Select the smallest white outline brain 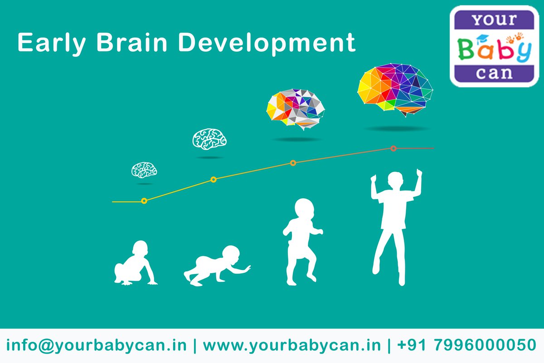(x=144, y=170)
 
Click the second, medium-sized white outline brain (x=209, y=138)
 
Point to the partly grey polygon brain (x=295, y=109)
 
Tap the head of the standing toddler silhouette (x=305, y=210)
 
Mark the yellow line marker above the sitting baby (x=144, y=201)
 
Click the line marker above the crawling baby (x=214, y=180)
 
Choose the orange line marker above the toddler (x=293, y=163)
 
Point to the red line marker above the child (x=393, y=148)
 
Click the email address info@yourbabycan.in (x=97, y=345)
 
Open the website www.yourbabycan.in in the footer (x=291, y=345)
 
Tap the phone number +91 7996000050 (x=466, y=345)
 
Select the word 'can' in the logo (x=497, y=73)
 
